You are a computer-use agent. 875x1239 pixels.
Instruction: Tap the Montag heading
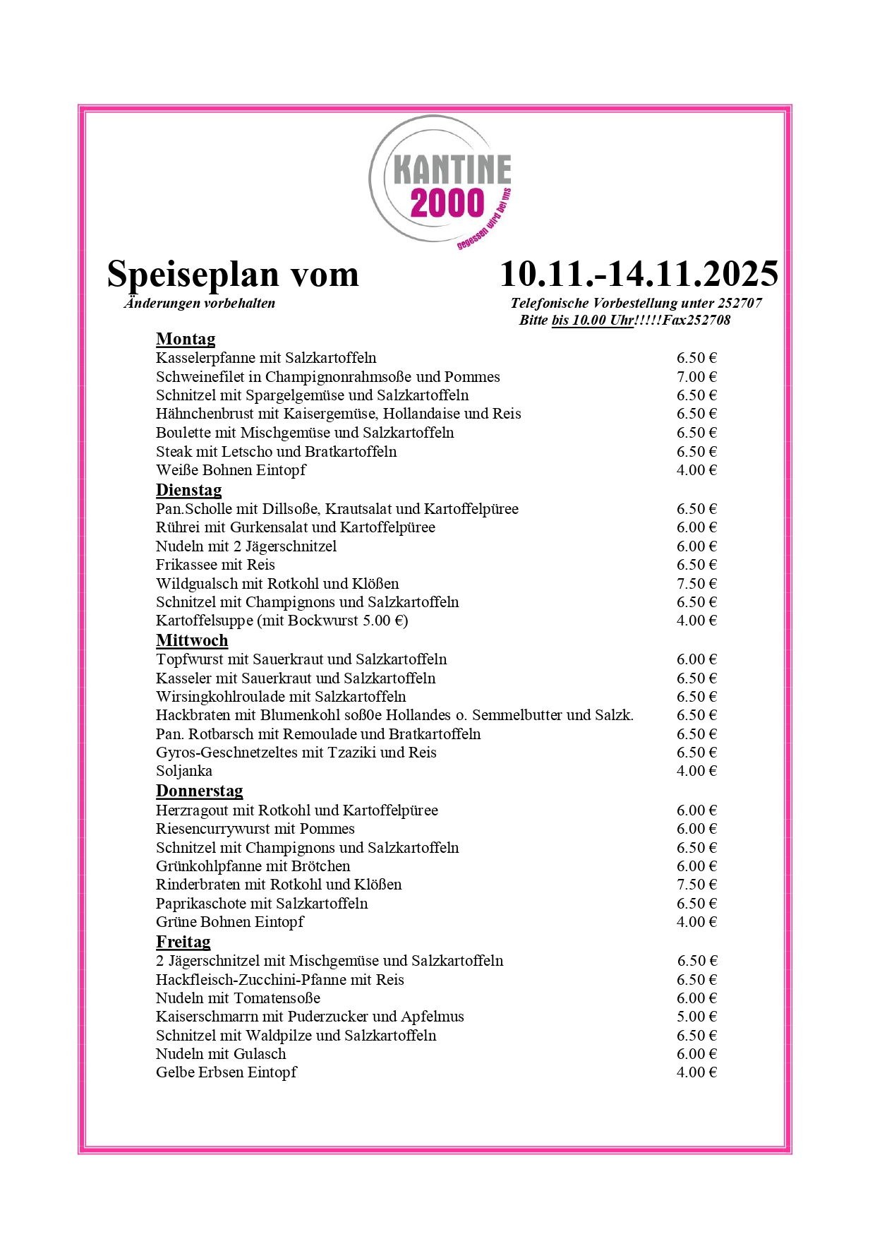pos(186,340)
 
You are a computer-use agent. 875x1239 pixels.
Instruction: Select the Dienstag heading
pos(188,490)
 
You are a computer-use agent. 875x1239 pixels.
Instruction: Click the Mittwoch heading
pos(192,640)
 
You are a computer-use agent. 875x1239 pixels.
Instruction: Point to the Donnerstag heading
pos(199,791)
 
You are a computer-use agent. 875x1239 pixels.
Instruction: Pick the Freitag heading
pos(183,942)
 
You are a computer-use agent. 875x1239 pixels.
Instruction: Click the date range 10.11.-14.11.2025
pos(639,274)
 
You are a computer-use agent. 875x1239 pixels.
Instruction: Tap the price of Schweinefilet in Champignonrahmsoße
pos(696,377)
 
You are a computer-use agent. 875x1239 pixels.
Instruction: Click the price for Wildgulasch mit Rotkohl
pos(696,584)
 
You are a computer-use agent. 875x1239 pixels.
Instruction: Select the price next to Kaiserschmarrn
pos(696,1017)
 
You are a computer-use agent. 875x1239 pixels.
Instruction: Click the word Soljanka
pos(184,771)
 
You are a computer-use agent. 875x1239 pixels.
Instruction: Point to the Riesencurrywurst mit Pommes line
pos(255,829)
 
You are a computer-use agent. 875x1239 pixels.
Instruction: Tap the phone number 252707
pos(740,304)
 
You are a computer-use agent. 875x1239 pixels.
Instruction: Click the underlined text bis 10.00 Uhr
pos(592,321)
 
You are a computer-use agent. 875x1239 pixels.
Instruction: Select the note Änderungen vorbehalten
pos(200,304)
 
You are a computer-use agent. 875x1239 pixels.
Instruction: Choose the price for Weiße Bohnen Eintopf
pos(696,470)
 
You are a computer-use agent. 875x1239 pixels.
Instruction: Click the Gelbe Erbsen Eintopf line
pos(227,1072)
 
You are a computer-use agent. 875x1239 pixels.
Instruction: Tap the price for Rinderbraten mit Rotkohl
pos(696,885)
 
